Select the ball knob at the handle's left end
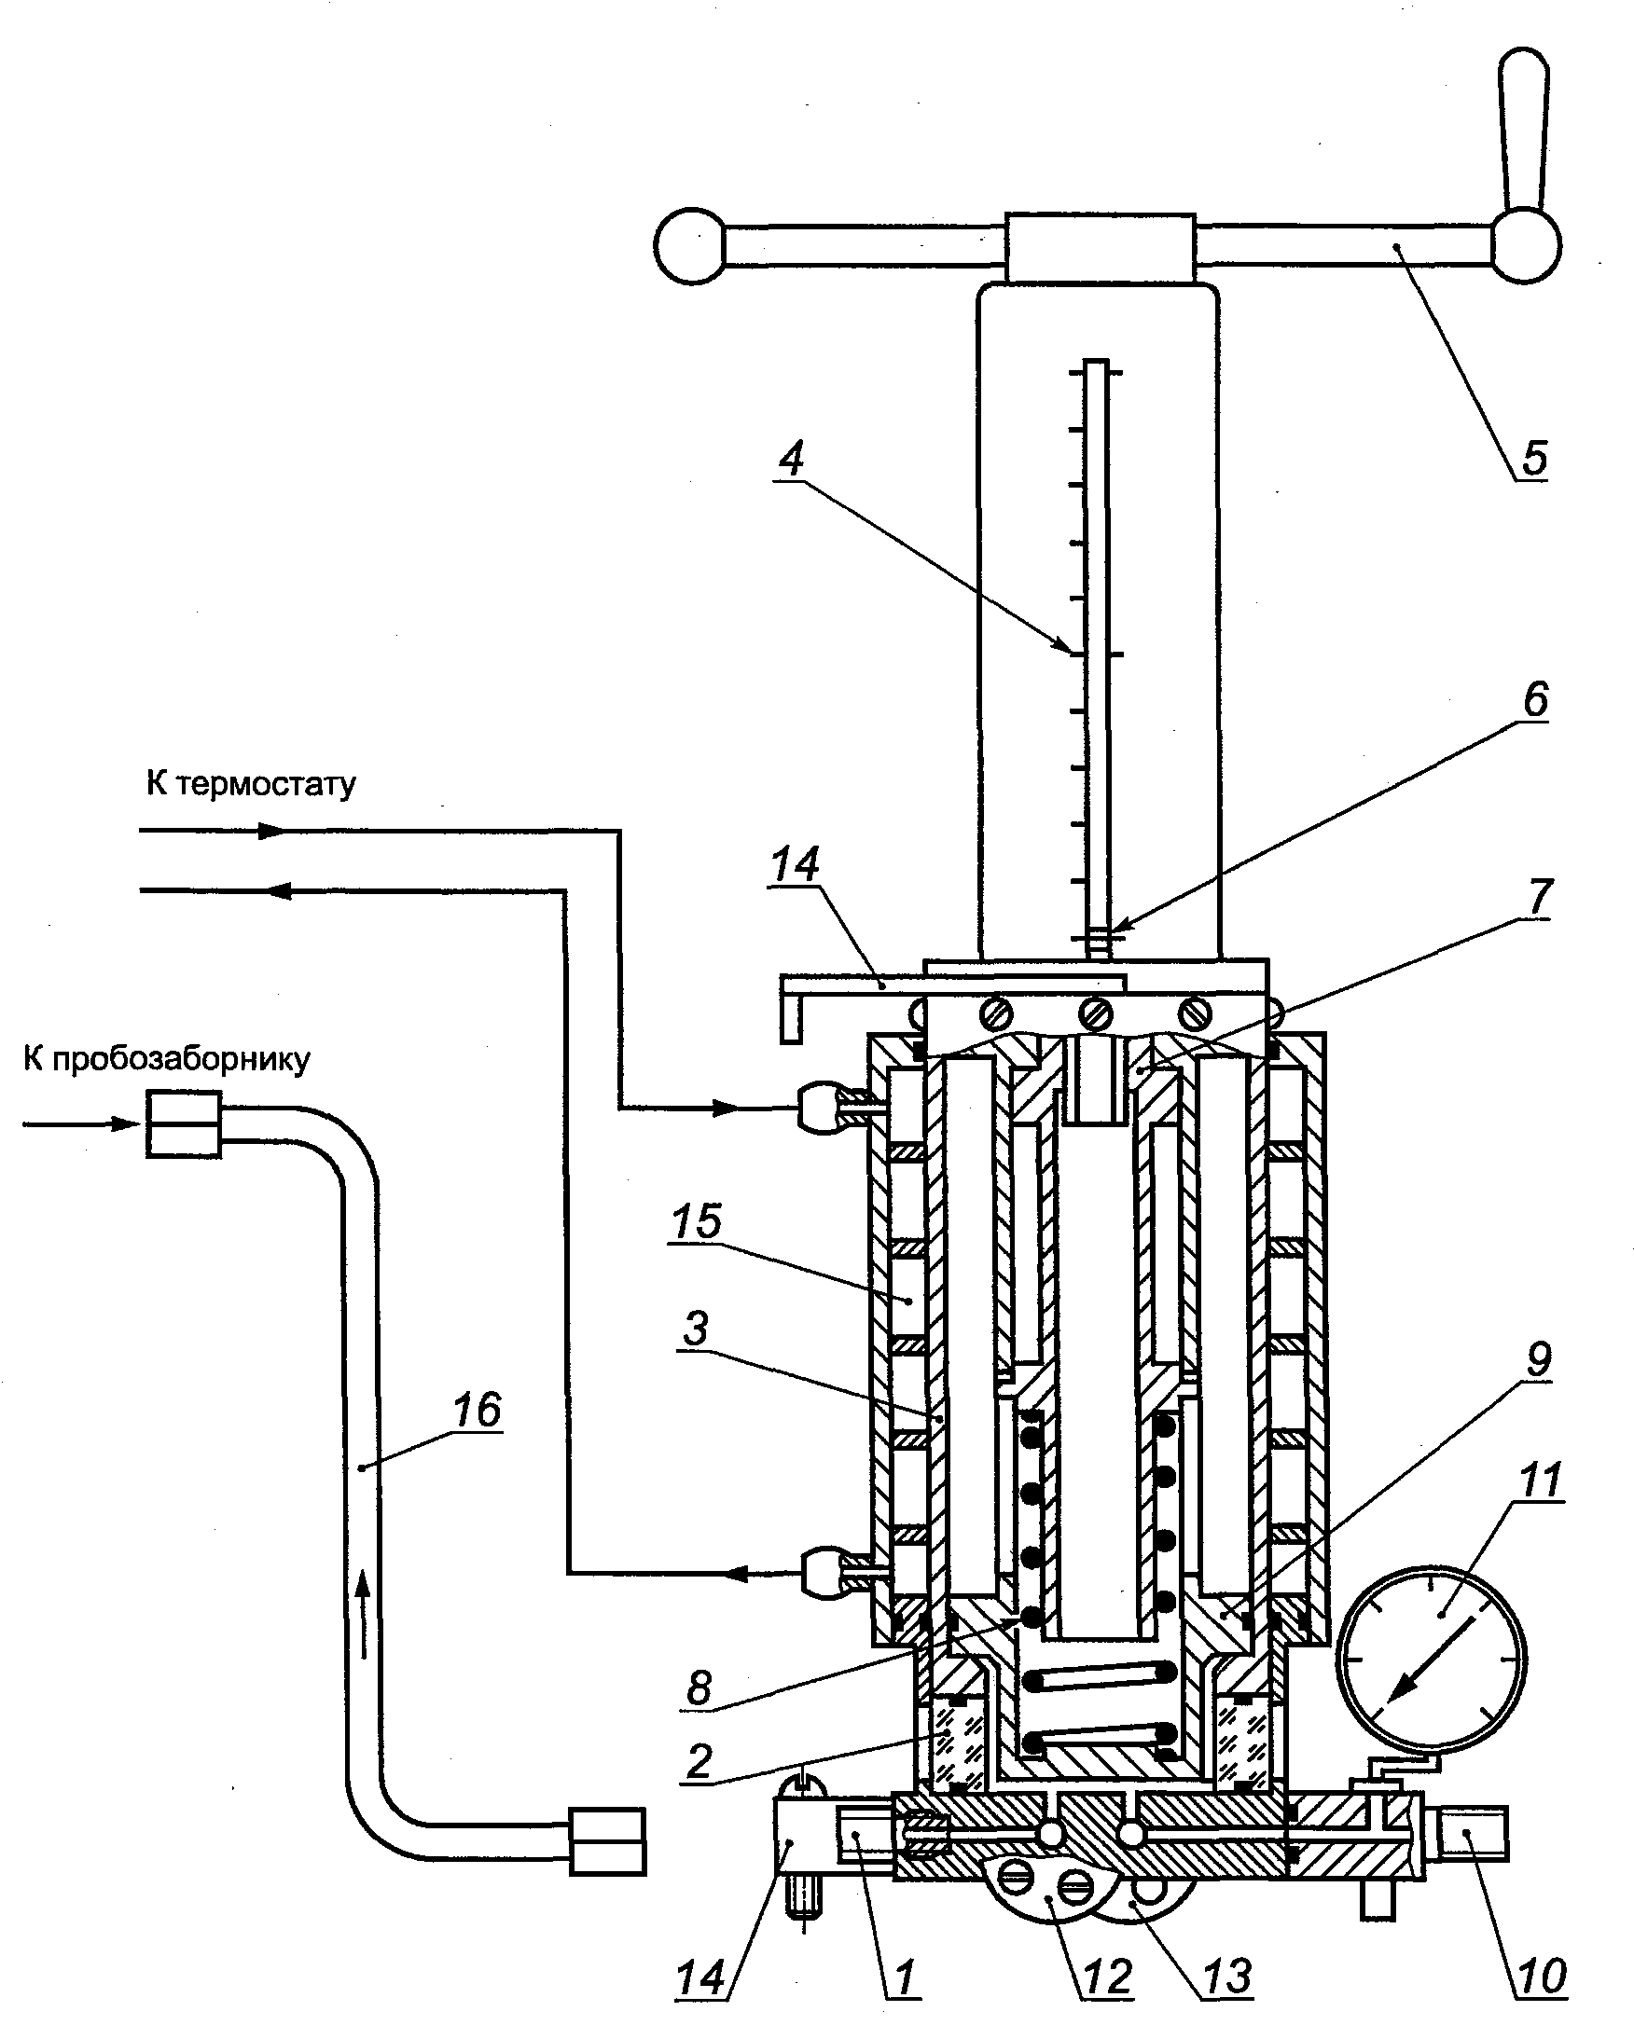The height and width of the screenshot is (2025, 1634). click(690, 245)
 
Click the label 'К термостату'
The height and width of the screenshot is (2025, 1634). click(251, 784)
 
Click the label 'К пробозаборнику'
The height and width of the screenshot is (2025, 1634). click(167, 1059)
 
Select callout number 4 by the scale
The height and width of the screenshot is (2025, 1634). click(792, 460)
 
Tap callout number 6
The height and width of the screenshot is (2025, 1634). click(1535, 700)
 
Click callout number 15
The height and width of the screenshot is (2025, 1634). click(697, 1221)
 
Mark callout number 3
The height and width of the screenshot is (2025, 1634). click(696, 1329)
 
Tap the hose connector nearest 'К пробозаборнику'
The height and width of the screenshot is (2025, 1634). click(184, 1124)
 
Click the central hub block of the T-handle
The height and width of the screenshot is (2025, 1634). click(1101, 247)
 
